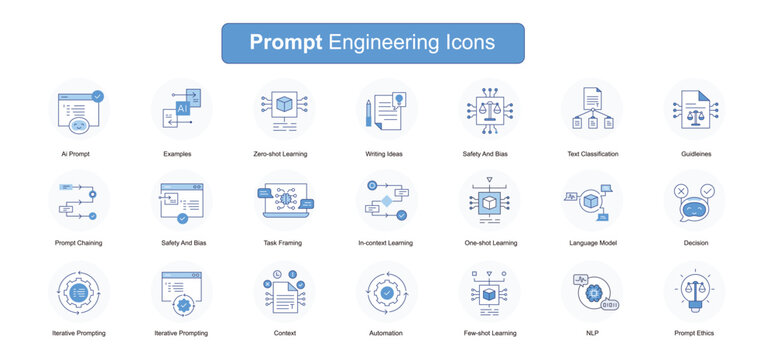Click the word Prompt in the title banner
285,43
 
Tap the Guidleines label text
694,154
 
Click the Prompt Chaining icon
79,200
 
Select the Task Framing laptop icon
283,200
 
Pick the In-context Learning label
386,242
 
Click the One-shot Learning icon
489,200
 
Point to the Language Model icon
592,200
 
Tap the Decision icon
695,200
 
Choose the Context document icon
283,292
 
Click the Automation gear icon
386,292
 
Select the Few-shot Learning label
489,333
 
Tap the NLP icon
592,292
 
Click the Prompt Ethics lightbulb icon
695,292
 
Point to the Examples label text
177,154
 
